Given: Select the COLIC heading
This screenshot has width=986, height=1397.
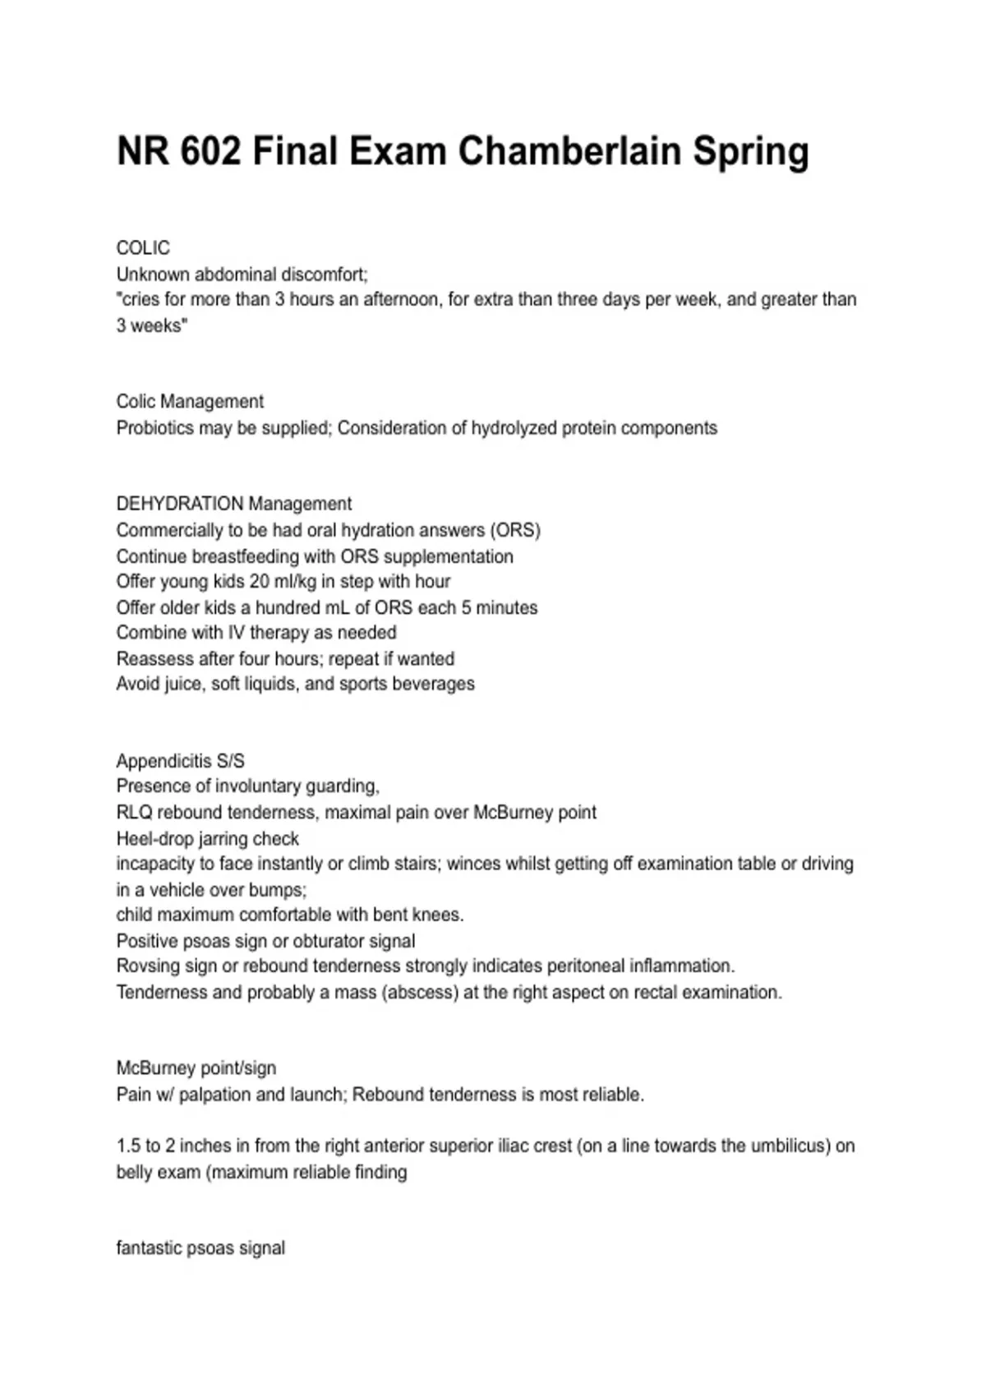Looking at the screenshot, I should tap(143, 248).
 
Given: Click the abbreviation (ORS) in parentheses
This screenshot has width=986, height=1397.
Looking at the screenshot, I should tap(518, 530).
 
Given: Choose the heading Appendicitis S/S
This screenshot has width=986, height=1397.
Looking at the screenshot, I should tap(180, 761).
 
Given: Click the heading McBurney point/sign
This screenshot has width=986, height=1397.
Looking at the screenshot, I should tap(196, 1068).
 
